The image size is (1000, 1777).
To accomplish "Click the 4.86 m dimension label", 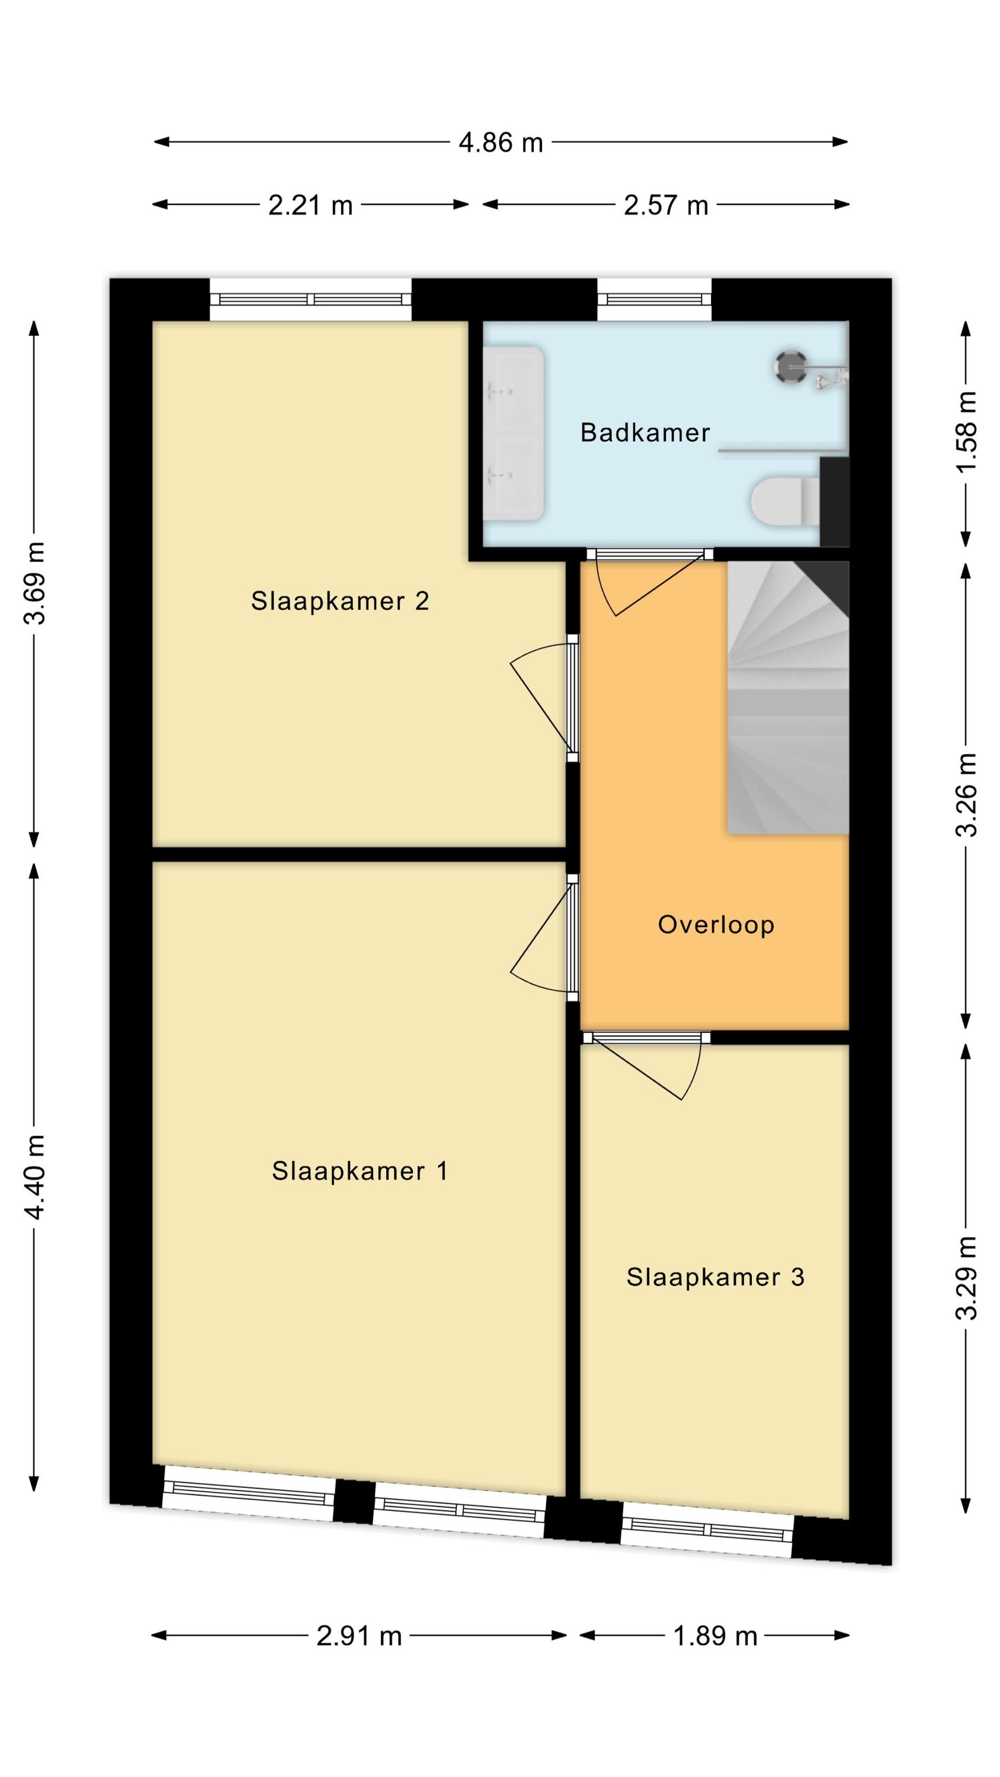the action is point(501,143).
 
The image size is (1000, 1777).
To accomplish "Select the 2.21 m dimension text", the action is point(310,206).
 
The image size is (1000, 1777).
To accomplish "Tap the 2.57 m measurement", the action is point(666,206).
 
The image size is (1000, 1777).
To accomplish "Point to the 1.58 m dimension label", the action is point(967,431).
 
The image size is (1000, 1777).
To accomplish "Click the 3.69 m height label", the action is point(34,583).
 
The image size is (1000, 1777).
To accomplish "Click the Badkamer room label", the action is point(645,432).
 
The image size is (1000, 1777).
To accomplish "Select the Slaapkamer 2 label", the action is point(340,601).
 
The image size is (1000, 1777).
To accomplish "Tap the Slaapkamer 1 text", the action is point(360,1170).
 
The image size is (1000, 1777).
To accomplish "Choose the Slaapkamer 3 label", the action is point(716,1277).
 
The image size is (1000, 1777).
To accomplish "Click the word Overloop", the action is point(716,925).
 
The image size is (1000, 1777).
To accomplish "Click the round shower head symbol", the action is point(789,366).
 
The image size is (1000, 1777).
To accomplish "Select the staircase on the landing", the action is point(787,697).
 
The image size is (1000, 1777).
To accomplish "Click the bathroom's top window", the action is point(653,299).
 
